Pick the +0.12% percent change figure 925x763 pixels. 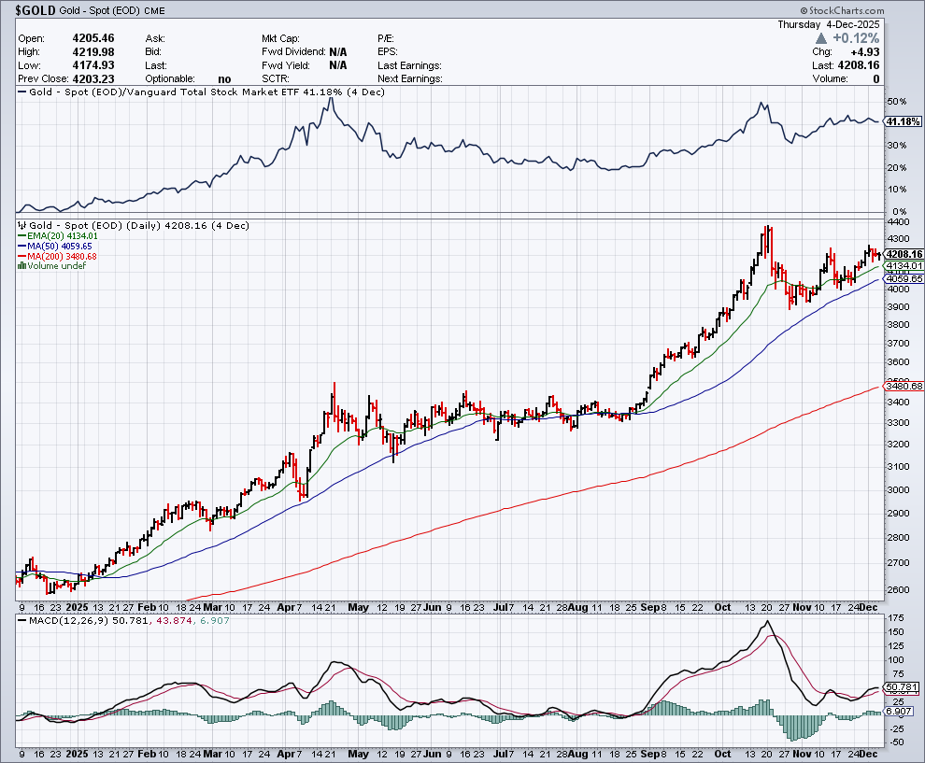[857, 38]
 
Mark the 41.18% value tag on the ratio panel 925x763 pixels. [902, 121]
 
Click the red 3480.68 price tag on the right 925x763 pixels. [904, 386]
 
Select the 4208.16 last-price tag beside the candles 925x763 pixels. [904, 254]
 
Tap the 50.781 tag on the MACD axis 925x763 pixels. [904, 688]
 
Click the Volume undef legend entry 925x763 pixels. [55, 266]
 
